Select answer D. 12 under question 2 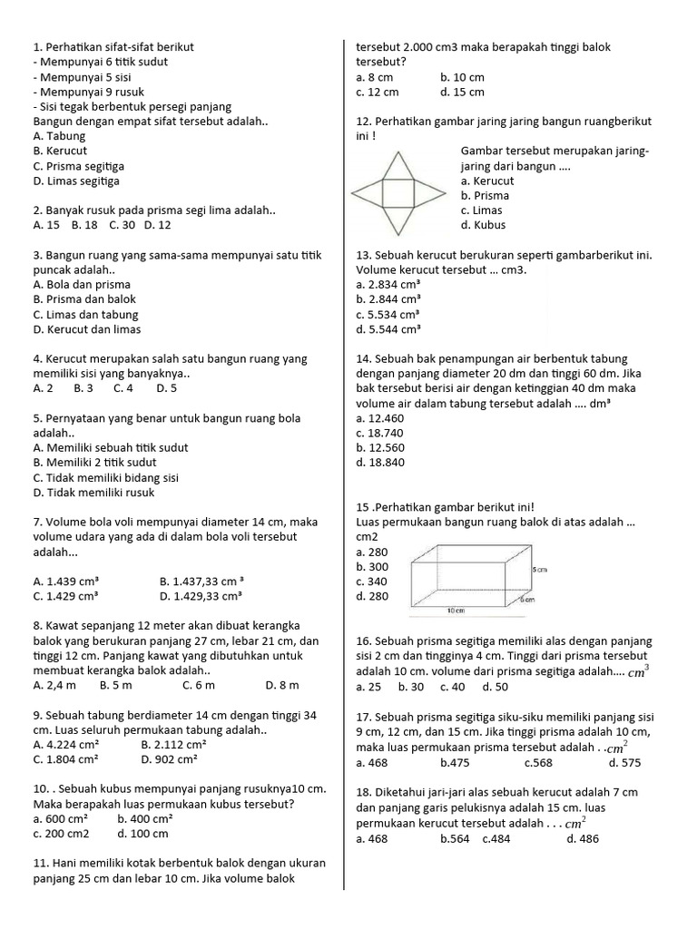point(158,224)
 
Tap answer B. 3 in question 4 point(83,387)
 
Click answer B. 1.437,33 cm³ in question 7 point(201,581)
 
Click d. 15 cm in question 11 point(462,92)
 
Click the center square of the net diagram point(397,193)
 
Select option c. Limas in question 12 point(481,210)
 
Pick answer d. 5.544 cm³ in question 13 point(388,328)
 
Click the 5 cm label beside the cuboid point(539,569)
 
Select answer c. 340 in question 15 point(372,581)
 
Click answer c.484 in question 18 point(496,839)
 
